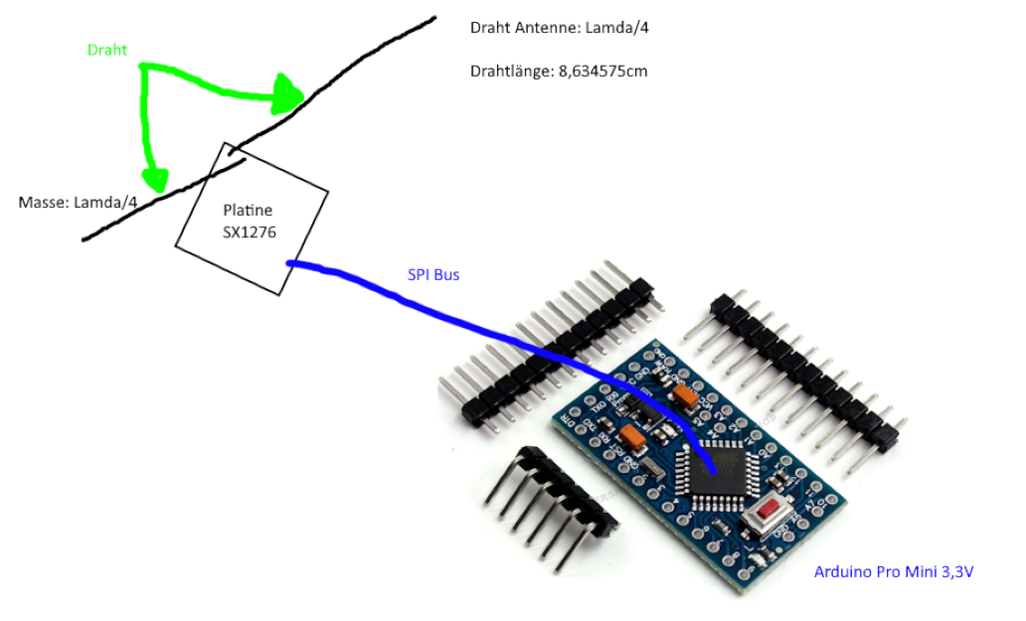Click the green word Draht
coord(107,50)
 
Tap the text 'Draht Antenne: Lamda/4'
coord(560,27)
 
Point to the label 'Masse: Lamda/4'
coord(78,203)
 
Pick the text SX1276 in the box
coord(249,232)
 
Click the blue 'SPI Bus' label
coord(433,274)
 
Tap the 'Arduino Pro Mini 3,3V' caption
coord(893,571)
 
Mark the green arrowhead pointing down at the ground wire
coord(154,179)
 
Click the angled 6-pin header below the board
coord(547,507)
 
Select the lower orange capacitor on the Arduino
coord(631,437)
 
